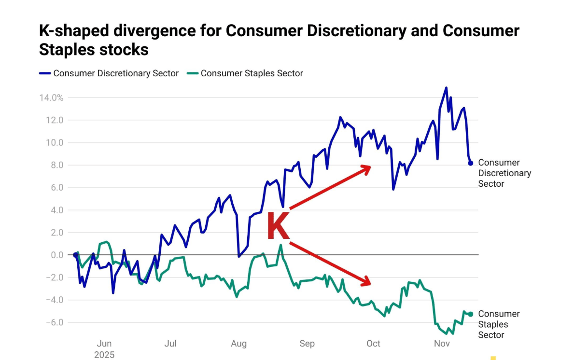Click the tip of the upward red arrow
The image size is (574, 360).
click(x=370, y=166)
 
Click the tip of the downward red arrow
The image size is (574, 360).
click(x=370, y=284)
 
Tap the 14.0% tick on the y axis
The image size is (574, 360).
click(x=51, y=98)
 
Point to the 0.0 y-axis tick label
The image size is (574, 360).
click(x=56, y=255)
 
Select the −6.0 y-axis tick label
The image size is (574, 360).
click(x=54, y=322)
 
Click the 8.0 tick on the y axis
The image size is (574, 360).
click(x=56, y=165)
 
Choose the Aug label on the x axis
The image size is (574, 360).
click(x=238, y=344)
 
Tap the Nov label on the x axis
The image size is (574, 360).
click(x=442, y=344)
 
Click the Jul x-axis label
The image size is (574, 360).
click(x=170, y=344)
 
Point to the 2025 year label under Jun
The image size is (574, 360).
click(x=104, y=355)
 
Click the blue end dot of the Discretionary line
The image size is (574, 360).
click(x=470, y=163)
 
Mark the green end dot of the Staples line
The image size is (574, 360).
click(x=470, y=314)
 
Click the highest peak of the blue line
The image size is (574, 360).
click(x=446, y=88)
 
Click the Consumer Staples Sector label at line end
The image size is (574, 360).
click(x=498, y=324)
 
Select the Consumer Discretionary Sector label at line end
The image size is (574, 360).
click(x=504, y=173)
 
